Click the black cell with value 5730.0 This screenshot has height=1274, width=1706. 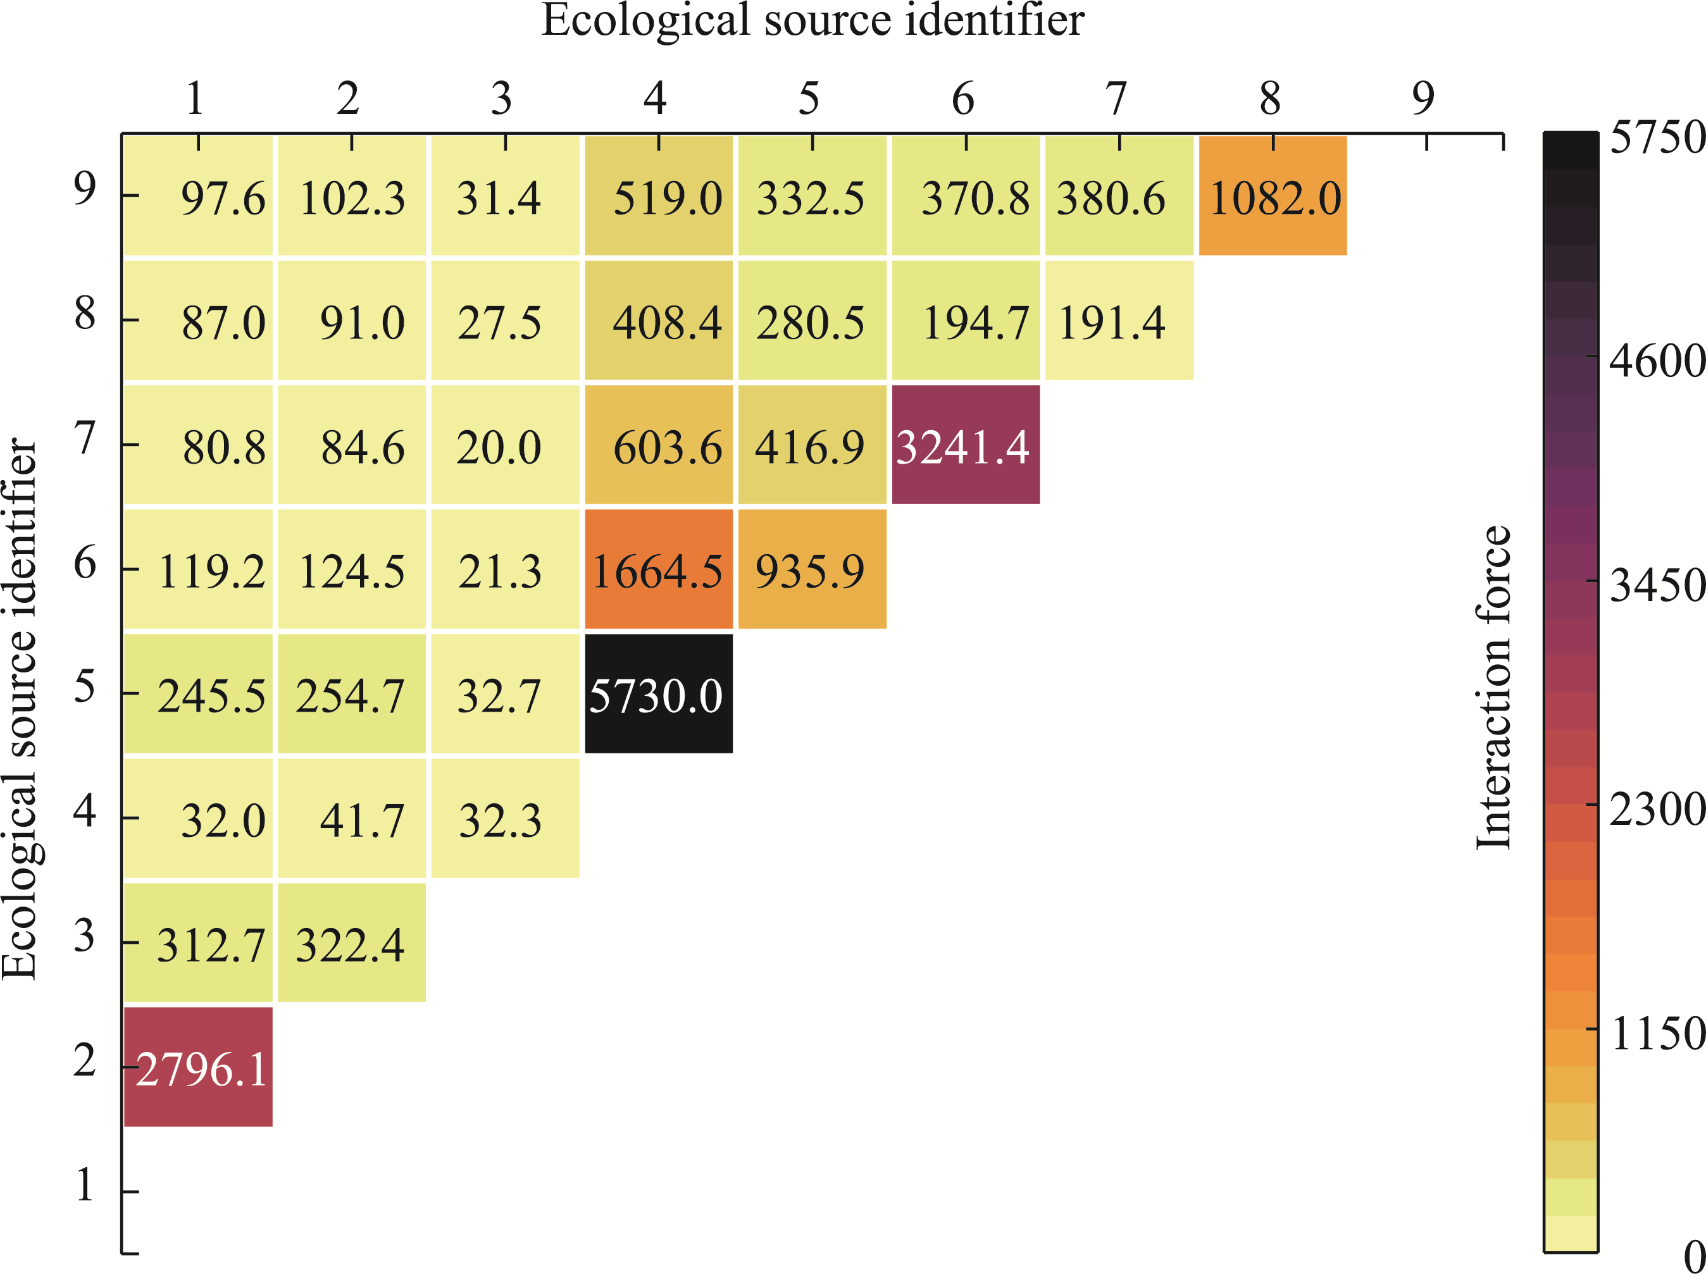659,693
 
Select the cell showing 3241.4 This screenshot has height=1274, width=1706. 966,445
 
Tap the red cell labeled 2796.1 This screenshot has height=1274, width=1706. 198,1067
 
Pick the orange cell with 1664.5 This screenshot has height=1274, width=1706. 659,569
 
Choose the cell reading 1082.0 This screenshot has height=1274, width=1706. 1273,196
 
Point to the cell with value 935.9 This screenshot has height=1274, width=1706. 812,569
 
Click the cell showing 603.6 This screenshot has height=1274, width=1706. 659,445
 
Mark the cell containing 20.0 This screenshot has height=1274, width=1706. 505,445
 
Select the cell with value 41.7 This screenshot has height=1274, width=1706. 352,818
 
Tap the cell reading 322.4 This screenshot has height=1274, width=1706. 352,943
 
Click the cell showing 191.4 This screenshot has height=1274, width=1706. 1119,321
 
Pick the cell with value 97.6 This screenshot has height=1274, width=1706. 198,196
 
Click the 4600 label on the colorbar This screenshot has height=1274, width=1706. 1657,360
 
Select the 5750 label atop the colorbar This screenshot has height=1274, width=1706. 1657,137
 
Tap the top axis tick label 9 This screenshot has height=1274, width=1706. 1424,98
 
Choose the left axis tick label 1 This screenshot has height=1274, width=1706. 85,1185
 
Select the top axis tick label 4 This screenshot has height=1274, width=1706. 656,98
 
